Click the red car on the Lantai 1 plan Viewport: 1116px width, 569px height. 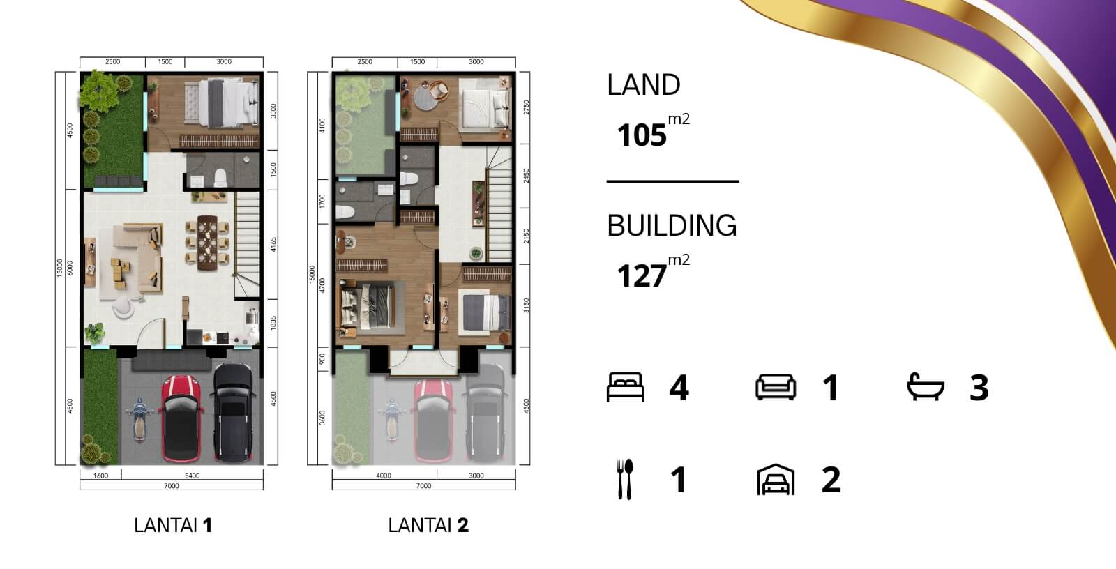point(181,419)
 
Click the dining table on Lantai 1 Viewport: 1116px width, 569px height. point(207,243)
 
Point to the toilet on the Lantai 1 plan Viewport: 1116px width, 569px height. point(220,178)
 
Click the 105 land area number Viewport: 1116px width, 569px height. point(641,135)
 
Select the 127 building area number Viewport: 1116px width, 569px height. point(641,275)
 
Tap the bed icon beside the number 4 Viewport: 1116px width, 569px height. point(625,387)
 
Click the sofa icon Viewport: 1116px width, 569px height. point(776,387)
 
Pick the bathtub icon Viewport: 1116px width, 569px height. point(926,386)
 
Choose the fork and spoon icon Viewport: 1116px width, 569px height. point(625,479)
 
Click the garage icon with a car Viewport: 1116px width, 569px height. point(776,480)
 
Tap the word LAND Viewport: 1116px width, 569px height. point(643,84)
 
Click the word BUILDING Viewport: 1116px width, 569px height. point(672,226)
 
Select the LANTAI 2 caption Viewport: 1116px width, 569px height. point(428,525)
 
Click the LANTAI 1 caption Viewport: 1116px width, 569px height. point(174,525)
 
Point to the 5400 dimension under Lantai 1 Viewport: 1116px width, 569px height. point(193,476)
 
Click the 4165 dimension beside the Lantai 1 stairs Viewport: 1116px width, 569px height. point(273,244)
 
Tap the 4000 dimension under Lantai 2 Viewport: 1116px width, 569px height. point(384,476)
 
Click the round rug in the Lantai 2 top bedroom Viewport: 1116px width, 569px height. point(425,98)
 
